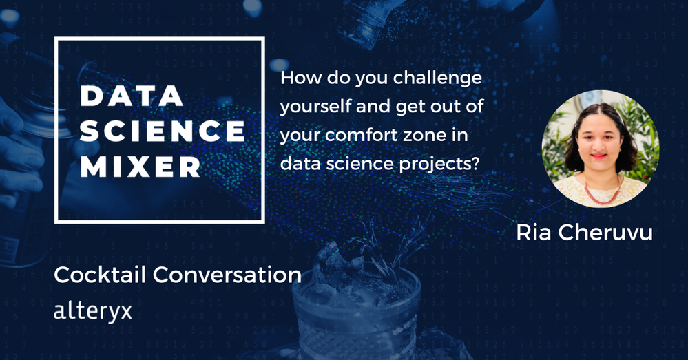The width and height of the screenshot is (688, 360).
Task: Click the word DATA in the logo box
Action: (132, 96)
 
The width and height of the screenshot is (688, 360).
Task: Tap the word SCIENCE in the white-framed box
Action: (163, 131)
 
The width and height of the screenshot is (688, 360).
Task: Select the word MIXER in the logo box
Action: (140, 167)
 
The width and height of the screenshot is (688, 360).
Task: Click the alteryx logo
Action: (92, 311)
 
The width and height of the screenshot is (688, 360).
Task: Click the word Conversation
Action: (227, 275)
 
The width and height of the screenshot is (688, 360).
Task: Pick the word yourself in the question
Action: (315, 107)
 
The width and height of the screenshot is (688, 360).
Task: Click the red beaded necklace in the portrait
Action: (603, 193)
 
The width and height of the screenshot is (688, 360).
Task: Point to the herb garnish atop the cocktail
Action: (386, 250)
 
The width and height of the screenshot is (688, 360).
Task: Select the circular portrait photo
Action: (601, 149)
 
